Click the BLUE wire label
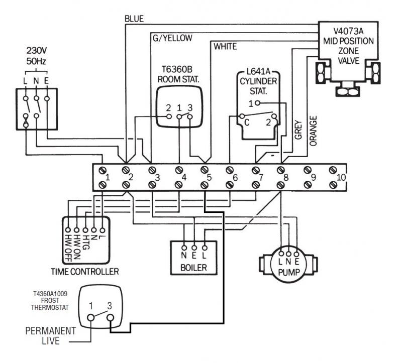(x=134, y=19)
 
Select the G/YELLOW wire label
(x=171, y=38)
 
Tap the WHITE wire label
(x=225, y=47)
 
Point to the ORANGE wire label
(x=314, y=131)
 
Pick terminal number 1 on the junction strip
(x=107, y=177)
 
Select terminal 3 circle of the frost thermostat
(x=110, y=318)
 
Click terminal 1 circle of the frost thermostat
(x=91, y=318)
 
